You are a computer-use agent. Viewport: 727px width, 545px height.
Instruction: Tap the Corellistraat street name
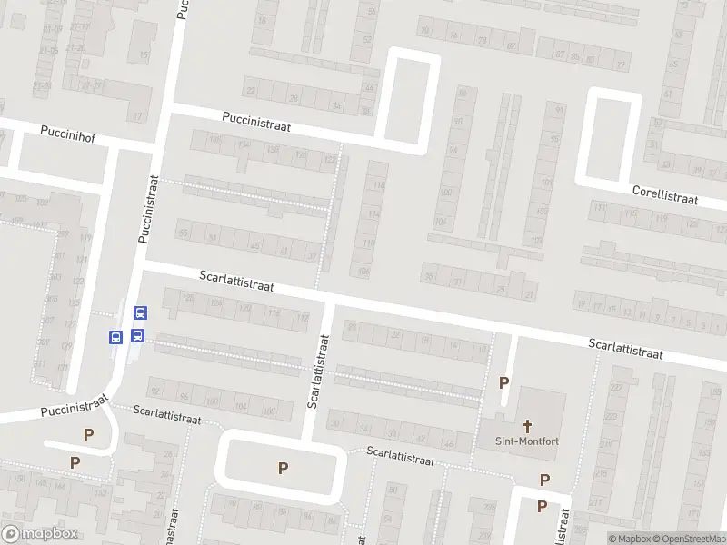click(x=665, y=194)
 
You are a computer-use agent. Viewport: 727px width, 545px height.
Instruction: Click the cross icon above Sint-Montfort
click(x=527, y=425)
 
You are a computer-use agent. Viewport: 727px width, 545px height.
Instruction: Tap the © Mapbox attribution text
click(x=632, y=538)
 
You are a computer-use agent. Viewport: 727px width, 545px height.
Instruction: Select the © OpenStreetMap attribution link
click(x=688, y=538)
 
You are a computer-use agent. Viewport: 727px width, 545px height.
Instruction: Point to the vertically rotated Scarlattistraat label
click(x=317, y=371)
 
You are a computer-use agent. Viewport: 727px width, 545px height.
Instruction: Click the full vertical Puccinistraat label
click(x=148, y=209)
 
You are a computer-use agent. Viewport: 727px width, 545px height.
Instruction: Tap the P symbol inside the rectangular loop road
click(x=283, y=468)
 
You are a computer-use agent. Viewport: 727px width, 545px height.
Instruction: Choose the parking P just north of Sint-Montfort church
click(x=503, y=383)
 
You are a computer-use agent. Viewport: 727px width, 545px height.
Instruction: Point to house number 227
click(x=617, y=389)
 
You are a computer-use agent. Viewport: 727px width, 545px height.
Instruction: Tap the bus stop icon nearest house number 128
click(x=140, y=312)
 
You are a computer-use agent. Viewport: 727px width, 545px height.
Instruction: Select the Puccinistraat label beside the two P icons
click(x=75, y=405)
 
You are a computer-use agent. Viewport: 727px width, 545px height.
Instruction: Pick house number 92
click(x=155, y=391)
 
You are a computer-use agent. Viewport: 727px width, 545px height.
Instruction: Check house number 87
click(x=561, y=54)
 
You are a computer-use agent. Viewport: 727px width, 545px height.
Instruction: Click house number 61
click(x=668, y=94)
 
